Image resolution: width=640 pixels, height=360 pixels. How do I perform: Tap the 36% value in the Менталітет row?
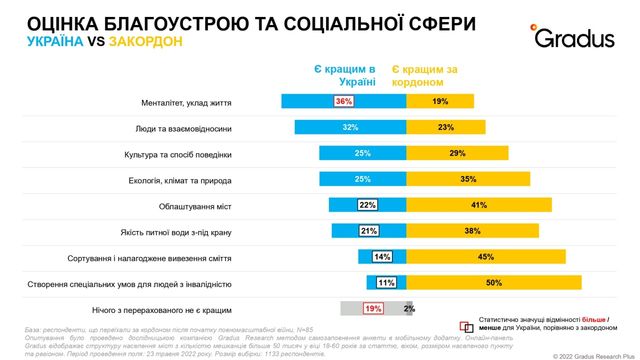point(344,102)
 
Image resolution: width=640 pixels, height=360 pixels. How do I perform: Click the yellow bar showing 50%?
point(493,282)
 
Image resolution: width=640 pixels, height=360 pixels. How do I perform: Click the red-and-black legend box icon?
point(465,326)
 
